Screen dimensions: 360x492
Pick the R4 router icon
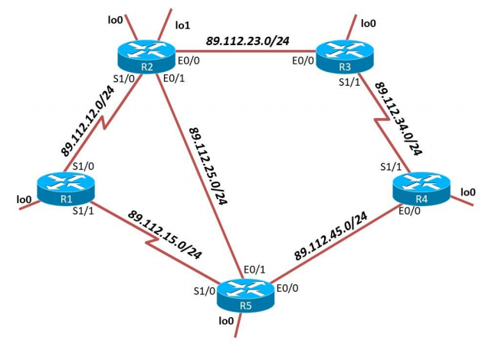tap(421, 188)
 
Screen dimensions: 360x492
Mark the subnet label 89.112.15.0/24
tap(164, 233)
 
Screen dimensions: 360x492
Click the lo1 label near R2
tap(182, 25)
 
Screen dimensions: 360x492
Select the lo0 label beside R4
tap(467, 191)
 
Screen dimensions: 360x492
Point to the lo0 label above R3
tap(368, 24)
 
